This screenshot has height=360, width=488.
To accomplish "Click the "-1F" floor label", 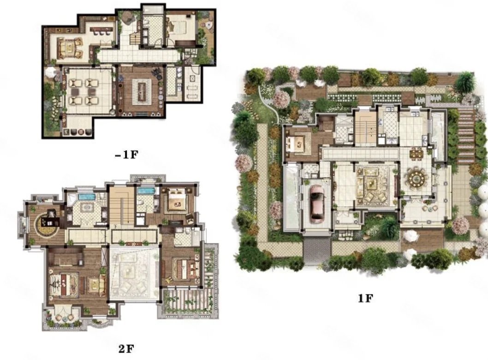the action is [126, 155].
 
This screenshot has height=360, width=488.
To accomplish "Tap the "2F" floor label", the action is [126, 349].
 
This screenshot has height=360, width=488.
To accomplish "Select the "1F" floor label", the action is [365, 298].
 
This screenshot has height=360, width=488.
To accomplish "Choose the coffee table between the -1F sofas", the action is [69, 48].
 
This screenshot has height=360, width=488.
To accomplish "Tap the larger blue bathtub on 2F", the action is [87, 197].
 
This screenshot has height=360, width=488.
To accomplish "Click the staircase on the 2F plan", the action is [121, 205].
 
